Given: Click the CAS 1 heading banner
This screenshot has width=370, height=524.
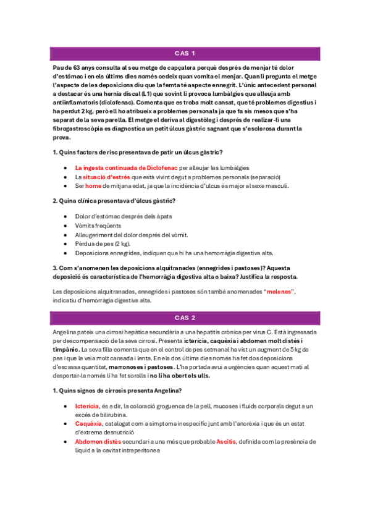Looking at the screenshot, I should [x=185, y=53].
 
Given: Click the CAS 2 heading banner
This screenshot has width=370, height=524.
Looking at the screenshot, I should [x=185, y=318].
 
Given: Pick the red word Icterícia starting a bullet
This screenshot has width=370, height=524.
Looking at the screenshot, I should [x=87, y=406].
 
